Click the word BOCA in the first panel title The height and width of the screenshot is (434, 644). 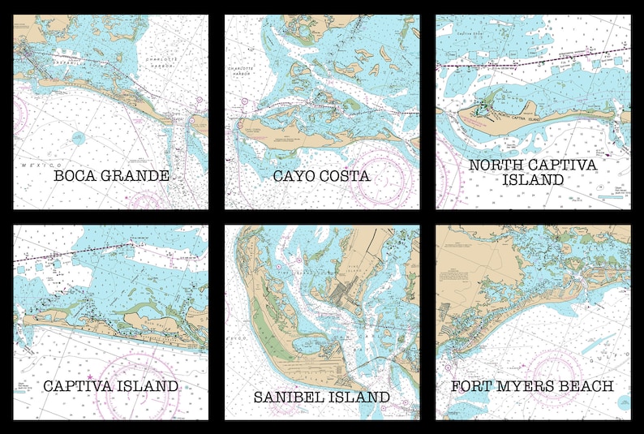(x=74, y=175)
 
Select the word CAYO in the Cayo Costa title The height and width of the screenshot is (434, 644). (x=294, y=175)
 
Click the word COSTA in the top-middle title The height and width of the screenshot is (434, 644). (x=344, y=175)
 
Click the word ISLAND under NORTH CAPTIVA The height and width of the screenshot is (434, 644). (x=533, y=180)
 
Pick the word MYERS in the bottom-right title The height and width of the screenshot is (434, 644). (x=526, y=386)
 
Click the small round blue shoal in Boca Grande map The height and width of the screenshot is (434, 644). (x=78, y=138)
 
